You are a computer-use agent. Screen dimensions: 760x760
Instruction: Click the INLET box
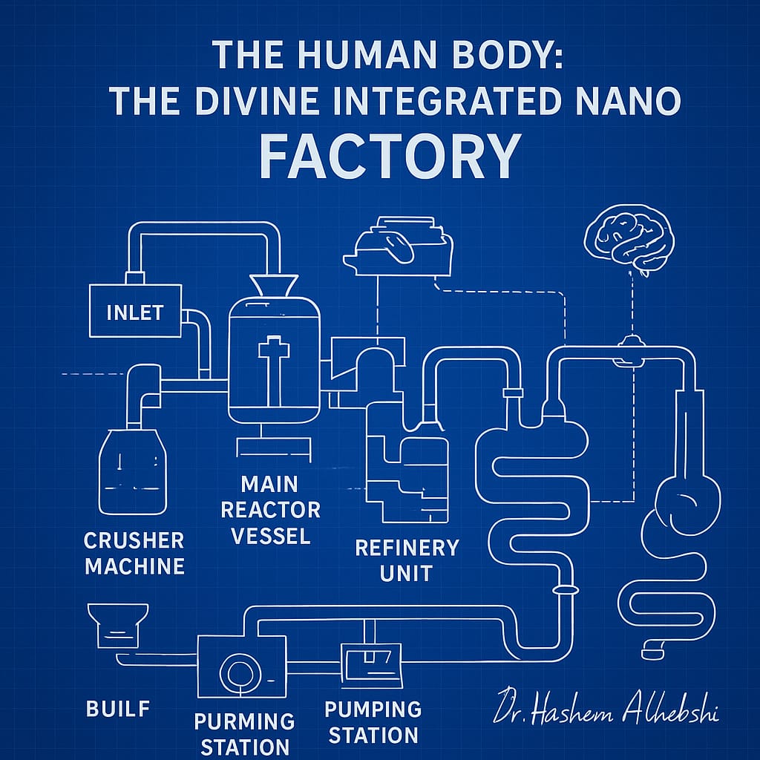[134, 311]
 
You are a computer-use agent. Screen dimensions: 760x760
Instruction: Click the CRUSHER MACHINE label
[134, 553]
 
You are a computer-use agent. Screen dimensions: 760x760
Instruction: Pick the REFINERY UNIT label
[407, 560]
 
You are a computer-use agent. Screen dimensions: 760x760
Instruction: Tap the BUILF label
[118, 709]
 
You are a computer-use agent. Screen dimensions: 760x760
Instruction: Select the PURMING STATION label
[244, 733]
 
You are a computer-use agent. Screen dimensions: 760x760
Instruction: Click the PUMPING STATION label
[373, 722]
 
